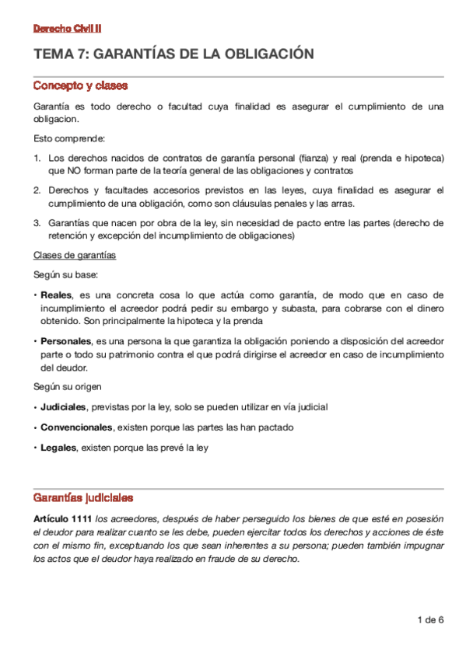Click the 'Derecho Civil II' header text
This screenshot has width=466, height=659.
67,29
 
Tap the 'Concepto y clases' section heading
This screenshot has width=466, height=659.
80,85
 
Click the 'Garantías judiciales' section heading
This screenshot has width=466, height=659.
83,497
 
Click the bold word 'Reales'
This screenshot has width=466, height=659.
55,295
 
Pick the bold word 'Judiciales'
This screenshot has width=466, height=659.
64,407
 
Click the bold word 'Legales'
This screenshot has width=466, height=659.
58,448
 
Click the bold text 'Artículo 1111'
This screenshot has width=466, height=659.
63,518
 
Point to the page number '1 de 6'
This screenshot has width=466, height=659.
430,620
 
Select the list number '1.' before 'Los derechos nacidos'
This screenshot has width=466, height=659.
37,158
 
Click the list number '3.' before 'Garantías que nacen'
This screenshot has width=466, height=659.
37,223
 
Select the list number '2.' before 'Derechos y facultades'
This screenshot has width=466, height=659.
37,190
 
